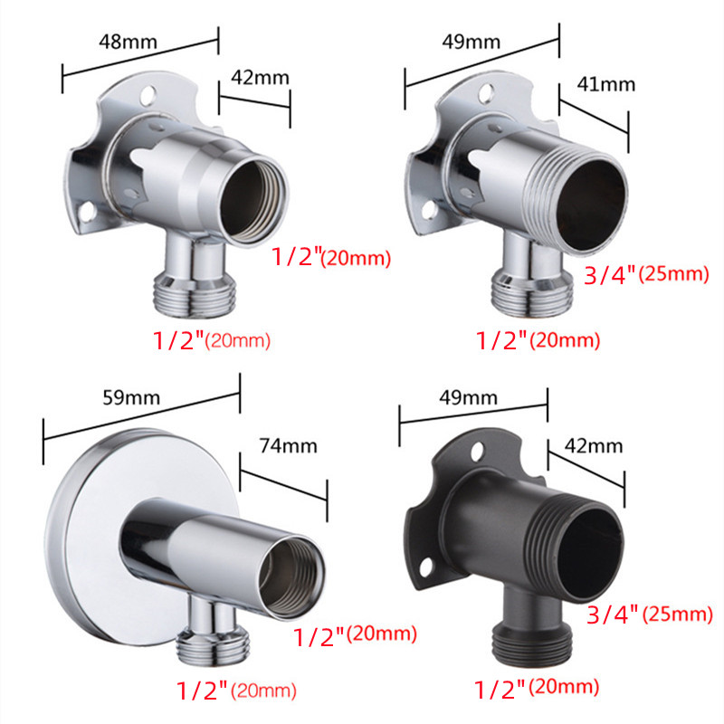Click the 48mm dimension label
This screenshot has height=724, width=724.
[x=128, y=42]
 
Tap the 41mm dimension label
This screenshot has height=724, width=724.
[x=605, y=84]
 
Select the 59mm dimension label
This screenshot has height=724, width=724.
[x=131, y=397]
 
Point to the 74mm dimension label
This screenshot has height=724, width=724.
[x=288, y=446]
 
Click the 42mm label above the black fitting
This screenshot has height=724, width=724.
[x=594, y=446]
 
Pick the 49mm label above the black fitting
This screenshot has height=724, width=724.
[x=468, y=397]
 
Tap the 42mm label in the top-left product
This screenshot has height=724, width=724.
[x=260, y=78]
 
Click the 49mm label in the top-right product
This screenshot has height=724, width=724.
[x=471, y=42]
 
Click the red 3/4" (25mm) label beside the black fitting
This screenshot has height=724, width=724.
[x=650, y=614]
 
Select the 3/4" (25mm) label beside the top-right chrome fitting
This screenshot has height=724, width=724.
[x=646, y=275]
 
